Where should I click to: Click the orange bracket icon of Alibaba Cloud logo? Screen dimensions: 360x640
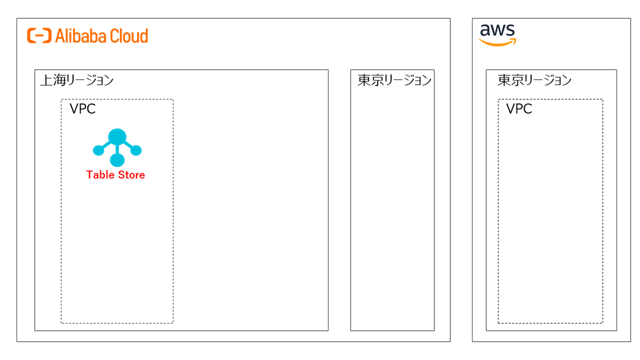[39, 36]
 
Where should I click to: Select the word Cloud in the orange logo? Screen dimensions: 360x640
[129, 36]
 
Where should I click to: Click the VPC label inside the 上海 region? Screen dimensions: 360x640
[83, 109]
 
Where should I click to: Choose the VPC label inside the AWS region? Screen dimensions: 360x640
[519, 109]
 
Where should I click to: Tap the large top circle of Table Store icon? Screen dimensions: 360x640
[117, 137]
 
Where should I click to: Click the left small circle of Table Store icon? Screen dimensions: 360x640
[98, 150]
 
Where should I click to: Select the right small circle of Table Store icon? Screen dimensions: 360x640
[136, 150]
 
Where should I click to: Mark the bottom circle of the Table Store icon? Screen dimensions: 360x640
[117, 160]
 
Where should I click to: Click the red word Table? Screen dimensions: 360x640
[100, 175]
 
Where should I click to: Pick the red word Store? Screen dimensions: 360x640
[131, 175]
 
